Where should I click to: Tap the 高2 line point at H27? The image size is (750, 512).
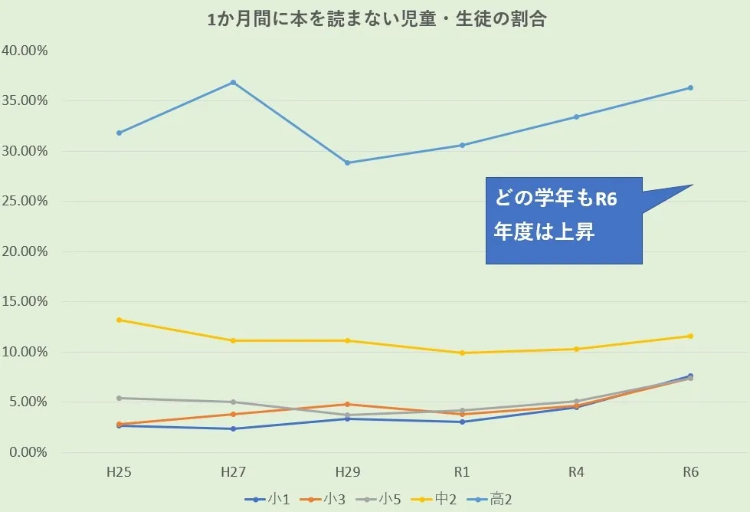coord(233,82)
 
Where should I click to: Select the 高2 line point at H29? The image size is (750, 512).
coord(347,162)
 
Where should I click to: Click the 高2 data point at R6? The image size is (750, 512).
coord(690,87)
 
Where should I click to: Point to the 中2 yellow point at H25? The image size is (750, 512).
coord(119,320)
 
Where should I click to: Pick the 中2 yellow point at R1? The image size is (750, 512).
coord(462,353)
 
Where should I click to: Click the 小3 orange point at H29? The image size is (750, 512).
coord(347,404)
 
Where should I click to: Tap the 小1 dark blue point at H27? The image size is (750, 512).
coord(233,428)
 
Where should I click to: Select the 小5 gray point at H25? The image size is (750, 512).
coord(119,398)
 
